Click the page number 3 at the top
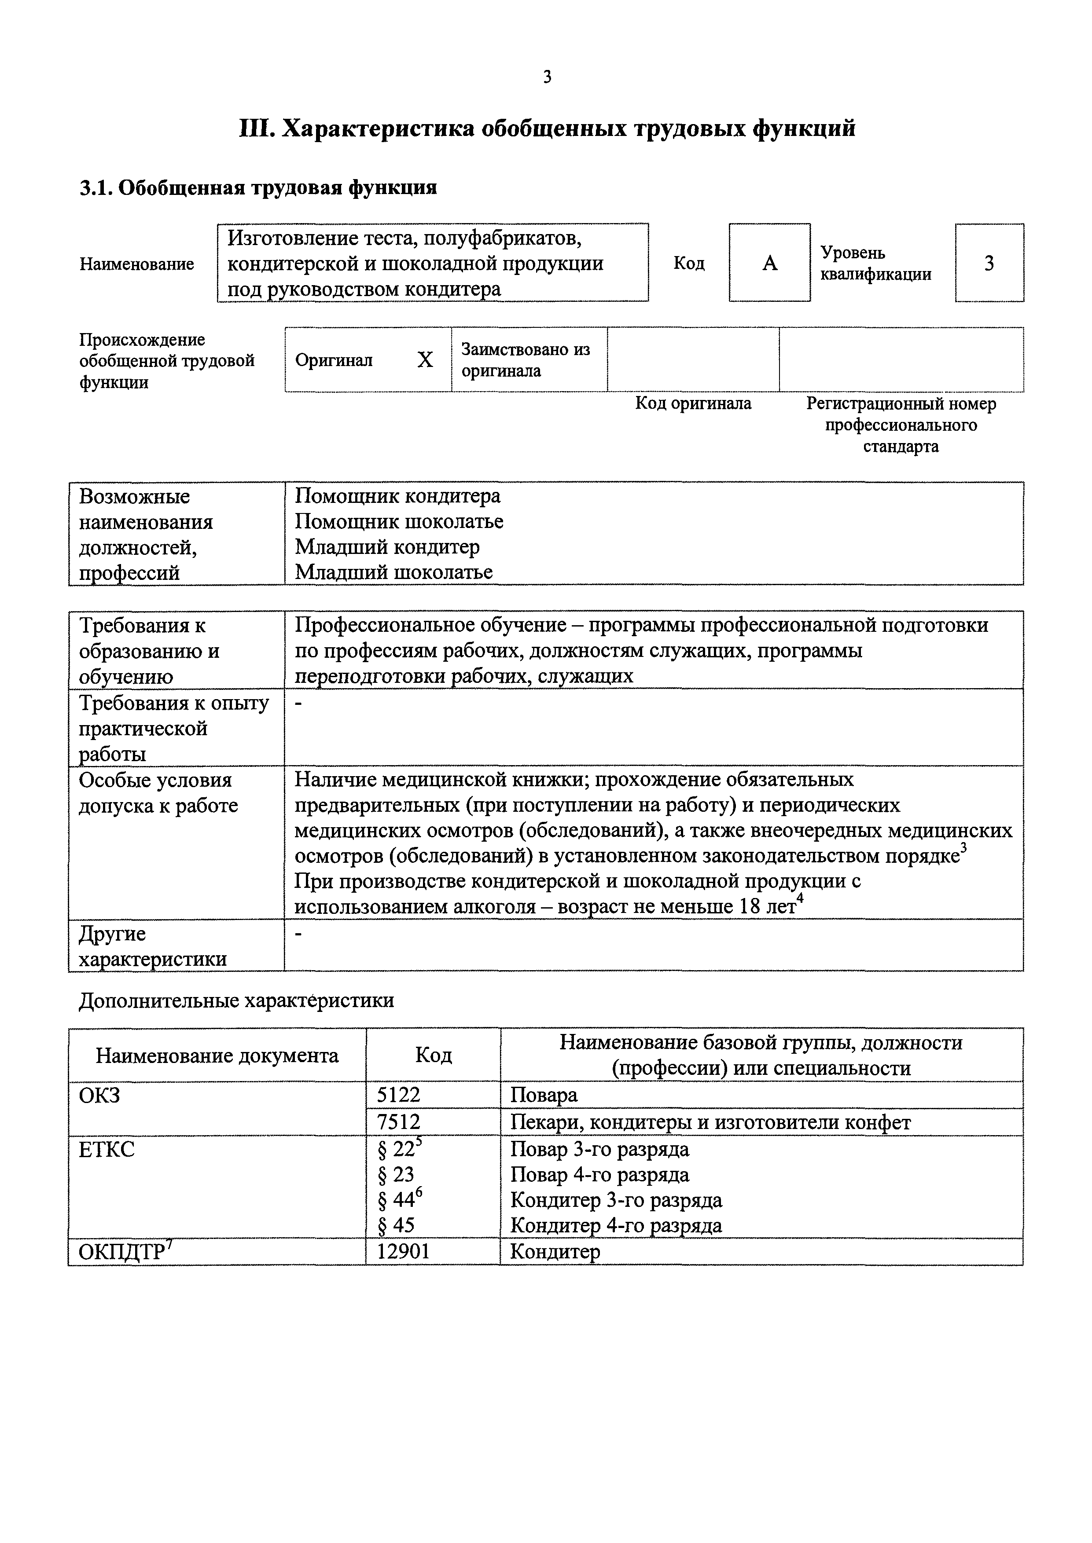[547, 77]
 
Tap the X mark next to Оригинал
[425, 360]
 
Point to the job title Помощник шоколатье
[399, 521]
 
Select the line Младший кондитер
[387, 547]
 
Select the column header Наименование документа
[217, 1056]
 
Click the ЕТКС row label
[106, 1149]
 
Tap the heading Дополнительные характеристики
[236, 1001]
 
